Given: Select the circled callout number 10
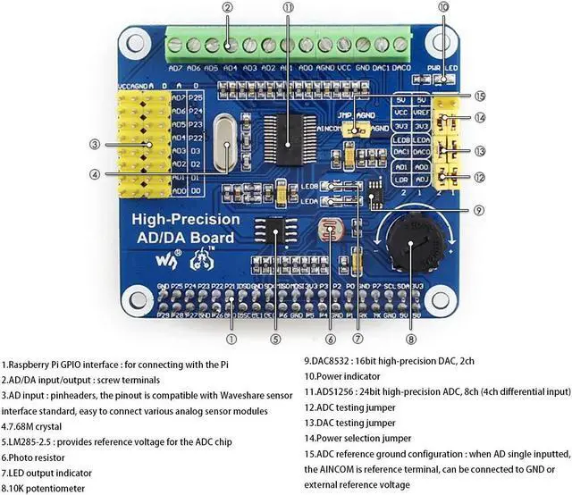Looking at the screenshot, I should (444, 7).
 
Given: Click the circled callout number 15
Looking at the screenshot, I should (480, 96).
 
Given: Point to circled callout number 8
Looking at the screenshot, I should (411, 339).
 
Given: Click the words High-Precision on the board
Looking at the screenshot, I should (186, 219).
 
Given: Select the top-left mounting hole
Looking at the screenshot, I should (137, 41).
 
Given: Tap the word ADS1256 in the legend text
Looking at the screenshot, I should (336, 391).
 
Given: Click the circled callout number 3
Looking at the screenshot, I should (94, 144).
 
